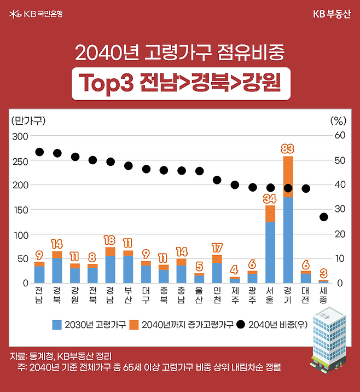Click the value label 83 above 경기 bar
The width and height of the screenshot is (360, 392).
click(x=288, y=148)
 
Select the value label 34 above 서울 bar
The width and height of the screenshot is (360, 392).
click(x=270, y=198)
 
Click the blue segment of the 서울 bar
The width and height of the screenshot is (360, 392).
click(x=270, y=252)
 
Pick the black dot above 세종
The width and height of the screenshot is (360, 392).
click(x=323, y=217)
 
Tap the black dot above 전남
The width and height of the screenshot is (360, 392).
click(x=39, y=152)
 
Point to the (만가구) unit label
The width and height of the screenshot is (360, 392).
click(x=28, y=120)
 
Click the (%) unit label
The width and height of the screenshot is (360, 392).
click(x=339, y=120)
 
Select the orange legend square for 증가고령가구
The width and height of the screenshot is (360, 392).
click(x=134, y=325)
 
